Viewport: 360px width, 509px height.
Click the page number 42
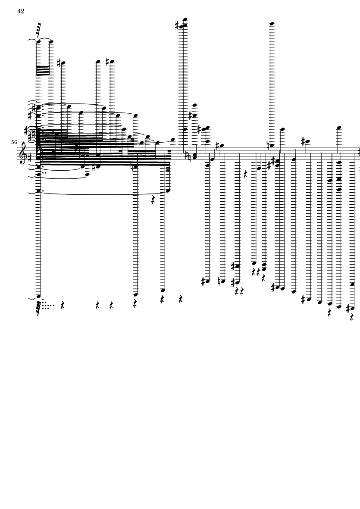[x=21, y=11]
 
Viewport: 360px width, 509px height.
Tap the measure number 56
[x=14, y=142]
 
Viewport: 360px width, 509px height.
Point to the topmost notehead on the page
[x=185, y=19]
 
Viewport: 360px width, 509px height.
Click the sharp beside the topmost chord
[x=177, y=26]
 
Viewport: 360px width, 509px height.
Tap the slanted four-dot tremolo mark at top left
[x=38, y=30]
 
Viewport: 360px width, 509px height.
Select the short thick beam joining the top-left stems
[x=43, y=70]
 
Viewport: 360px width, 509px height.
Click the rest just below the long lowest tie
[x=153, y=200]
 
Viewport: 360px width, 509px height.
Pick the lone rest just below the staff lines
[x=245, y=175]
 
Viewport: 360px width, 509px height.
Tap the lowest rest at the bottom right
[x=351, y=317]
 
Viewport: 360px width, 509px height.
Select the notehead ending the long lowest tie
[x=168, y=191]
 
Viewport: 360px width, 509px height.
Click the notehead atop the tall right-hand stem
[x=272, y=24]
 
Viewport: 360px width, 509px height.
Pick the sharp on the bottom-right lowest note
[x=348, y=309]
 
